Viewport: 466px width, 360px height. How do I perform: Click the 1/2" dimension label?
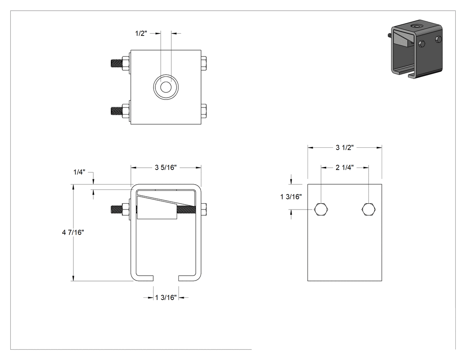click(x=141, y=33)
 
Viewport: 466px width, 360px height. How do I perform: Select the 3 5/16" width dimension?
click(x=166, y=168)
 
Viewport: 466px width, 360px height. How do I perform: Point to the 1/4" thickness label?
click(x=79, y=172)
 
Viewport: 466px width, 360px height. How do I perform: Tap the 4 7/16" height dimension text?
click(x=73, y=232)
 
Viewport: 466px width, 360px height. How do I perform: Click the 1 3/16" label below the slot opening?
click(x=166, y=297)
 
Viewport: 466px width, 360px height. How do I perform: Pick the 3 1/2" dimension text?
click(x=345, y=147)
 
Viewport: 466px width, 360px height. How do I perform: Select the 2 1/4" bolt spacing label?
click(x=345, y=168)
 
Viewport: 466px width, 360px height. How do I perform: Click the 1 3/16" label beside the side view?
click(x=291, y=197)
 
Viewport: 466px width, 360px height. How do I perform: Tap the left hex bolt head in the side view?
click(x=321, y=210)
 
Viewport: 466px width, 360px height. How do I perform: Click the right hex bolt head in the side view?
click(x=368, y=210)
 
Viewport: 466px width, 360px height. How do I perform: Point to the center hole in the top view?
click(x=166, y=87)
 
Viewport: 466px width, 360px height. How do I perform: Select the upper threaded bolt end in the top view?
click(x=116, y=63)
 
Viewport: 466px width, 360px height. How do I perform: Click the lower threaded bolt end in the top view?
click(x=116, y=111)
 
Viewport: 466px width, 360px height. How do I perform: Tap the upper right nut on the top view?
click(x=204, y=63)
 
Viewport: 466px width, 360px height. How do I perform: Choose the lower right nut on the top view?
click(x=204, y=111)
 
